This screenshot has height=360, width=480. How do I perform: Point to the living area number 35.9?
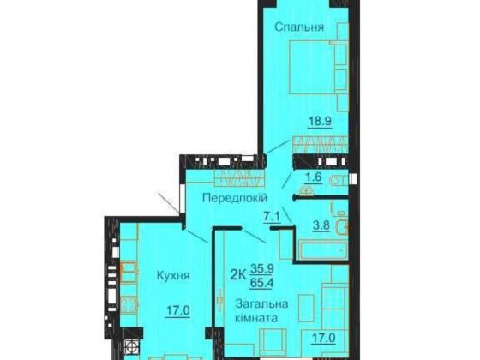point(262,268)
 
